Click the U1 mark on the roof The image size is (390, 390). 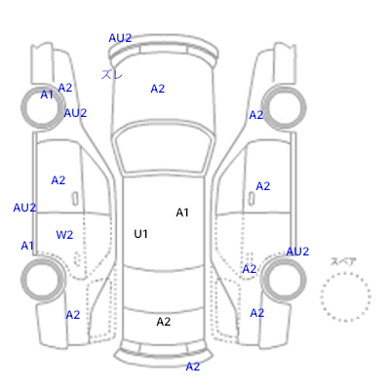(140, 234)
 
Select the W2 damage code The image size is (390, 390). (64, 235)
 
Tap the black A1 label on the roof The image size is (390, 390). (182, 213)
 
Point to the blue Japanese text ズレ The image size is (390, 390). (112, 74)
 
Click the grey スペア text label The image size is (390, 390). (343, 261)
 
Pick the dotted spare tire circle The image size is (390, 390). (345, 273)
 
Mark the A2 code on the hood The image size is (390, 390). (158, 89)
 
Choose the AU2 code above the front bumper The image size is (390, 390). (120, 38)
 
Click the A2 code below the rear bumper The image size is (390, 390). (193, 367)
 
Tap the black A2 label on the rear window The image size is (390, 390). (164, 322)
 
